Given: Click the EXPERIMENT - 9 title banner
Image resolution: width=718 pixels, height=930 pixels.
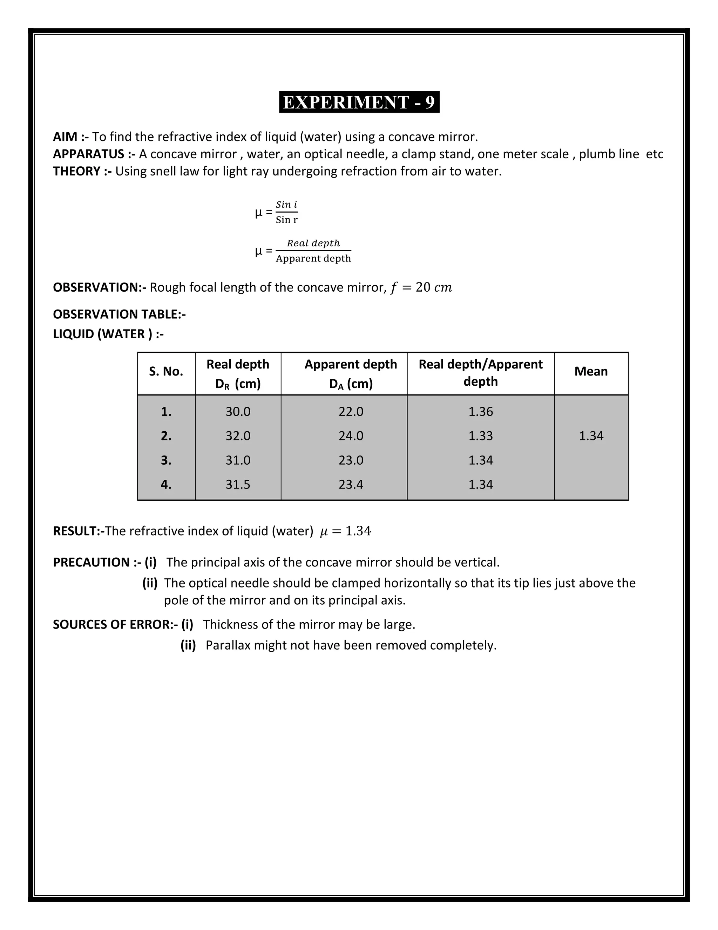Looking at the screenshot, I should (359, 102).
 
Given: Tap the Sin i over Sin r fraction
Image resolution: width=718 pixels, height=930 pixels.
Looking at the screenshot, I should (286, 212).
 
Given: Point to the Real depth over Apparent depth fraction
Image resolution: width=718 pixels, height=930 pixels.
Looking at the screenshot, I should (313, 251).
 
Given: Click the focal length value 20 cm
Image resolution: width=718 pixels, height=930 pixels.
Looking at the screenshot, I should (433, 287).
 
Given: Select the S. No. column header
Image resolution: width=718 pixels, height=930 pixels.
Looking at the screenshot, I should (166, 372).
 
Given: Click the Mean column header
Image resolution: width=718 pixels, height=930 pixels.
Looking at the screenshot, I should (591, 371).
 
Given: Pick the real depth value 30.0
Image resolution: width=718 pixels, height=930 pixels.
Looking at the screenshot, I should (238, 412).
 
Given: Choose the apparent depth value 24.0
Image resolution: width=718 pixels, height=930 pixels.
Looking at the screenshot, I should (351, 436).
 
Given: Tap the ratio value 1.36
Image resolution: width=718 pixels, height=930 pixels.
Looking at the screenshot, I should (481, 412).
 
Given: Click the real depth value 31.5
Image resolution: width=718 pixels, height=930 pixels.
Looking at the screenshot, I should (238, 485).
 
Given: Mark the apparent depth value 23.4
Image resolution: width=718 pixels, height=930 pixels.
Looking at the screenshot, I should (351, 485).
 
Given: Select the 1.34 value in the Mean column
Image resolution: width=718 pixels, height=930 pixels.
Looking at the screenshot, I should (591, 436).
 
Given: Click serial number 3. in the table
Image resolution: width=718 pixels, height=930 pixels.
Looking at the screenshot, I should (166, 460).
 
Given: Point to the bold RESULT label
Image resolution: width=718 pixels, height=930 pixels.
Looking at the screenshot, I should (76, 531).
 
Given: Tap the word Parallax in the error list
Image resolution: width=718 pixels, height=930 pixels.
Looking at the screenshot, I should (228, 645).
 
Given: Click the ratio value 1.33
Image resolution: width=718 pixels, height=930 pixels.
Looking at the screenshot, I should (481, 436).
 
